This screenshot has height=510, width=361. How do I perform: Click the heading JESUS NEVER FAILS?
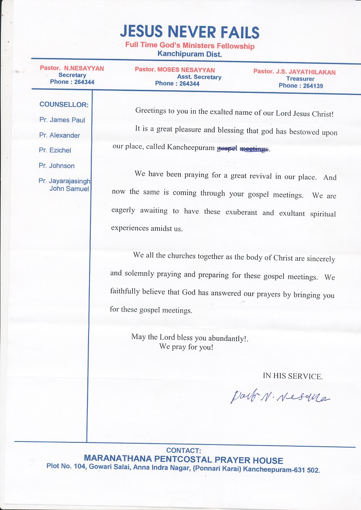[x=189, y=32]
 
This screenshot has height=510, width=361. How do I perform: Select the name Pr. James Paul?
[x=62, y=120]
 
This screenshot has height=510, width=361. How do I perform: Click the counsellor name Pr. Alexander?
[x=59, y=135]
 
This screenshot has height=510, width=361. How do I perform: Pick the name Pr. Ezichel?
[x=55, y=150]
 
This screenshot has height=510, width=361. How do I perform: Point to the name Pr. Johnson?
[x=57, y=166]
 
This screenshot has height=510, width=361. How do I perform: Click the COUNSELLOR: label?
[x=64, y=105]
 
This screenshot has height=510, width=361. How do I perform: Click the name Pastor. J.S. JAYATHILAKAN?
[x=294, y=72]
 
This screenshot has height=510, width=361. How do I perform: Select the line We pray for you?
[x=186, y=347]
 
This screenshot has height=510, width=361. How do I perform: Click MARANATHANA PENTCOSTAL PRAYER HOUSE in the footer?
[x=183, y=460]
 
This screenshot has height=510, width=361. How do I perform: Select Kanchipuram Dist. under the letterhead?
[x=189, y=54]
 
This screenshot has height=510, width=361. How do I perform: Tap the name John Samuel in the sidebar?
[x=69, y=189]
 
